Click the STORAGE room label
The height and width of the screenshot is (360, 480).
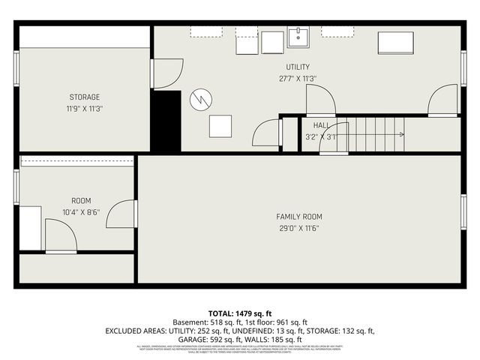click(85, 97)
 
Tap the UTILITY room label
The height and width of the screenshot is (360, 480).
click(298, 67)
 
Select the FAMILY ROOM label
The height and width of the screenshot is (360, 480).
click(299, 217)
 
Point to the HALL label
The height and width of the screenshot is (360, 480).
click(321, 126)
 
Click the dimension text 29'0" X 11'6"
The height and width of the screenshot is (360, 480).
click(299, 228)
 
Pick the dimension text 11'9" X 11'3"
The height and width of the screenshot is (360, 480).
click(85, 108)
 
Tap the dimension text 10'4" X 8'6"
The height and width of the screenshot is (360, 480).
click(81, 211)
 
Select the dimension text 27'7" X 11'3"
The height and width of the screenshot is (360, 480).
click(298, 78)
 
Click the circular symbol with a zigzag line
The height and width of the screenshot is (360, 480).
click(200, 99)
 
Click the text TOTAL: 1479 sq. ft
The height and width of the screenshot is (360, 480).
click(239, 313)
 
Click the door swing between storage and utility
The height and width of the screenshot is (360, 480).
click(166, 73)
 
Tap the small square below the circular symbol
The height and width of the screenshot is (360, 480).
click(220, 126)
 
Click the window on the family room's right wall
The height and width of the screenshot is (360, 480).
click(463, 211)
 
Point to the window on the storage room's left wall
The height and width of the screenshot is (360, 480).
click(16, 62)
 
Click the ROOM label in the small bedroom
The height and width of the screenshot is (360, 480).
click(81, 201)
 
